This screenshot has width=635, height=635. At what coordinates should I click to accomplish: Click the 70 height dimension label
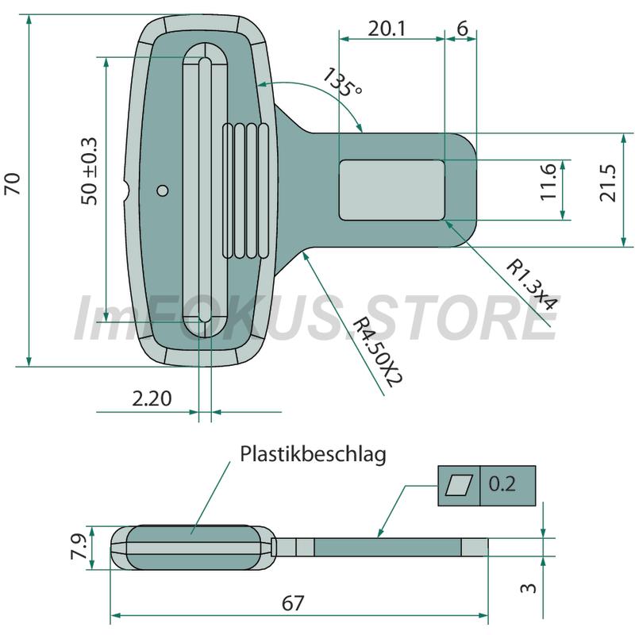point(13,184)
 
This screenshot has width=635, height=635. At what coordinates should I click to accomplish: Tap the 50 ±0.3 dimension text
point(90,171)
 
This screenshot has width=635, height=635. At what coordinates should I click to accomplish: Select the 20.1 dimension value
point(387,29)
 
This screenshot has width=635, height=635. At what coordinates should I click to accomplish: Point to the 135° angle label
point(342,83)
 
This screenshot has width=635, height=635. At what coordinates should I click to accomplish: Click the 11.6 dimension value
point(548,182)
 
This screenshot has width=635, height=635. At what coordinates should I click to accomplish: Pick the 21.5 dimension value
point(607,183)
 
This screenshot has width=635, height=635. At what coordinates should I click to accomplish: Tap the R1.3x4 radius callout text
point(532,285)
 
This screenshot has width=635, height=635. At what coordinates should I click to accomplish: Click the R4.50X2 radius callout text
point(378,352)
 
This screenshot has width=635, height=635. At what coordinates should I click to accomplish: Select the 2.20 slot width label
point(152,398)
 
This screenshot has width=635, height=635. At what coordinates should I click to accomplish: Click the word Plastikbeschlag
point(313,454)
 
